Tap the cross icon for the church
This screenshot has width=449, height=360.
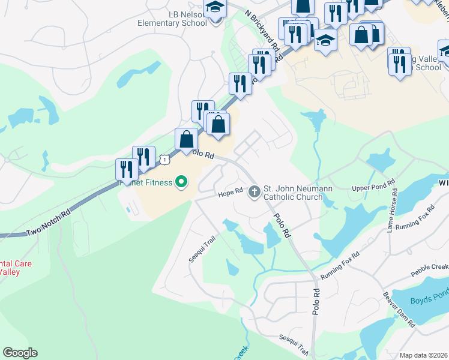[254, 192]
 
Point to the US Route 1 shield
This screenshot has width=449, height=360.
[164, 159]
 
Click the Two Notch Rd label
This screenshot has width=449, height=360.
[48, 223]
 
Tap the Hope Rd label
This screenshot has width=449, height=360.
[230, 193]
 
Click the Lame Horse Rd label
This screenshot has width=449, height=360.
[393, 210]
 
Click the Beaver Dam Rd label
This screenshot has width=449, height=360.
[400, 309]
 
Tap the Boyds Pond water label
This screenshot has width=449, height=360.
[429, 301]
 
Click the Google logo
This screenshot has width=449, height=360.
[20, 353]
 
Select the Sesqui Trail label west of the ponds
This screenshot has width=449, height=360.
[202, 249]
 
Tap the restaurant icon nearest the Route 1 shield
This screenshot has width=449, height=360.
[144, 157]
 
